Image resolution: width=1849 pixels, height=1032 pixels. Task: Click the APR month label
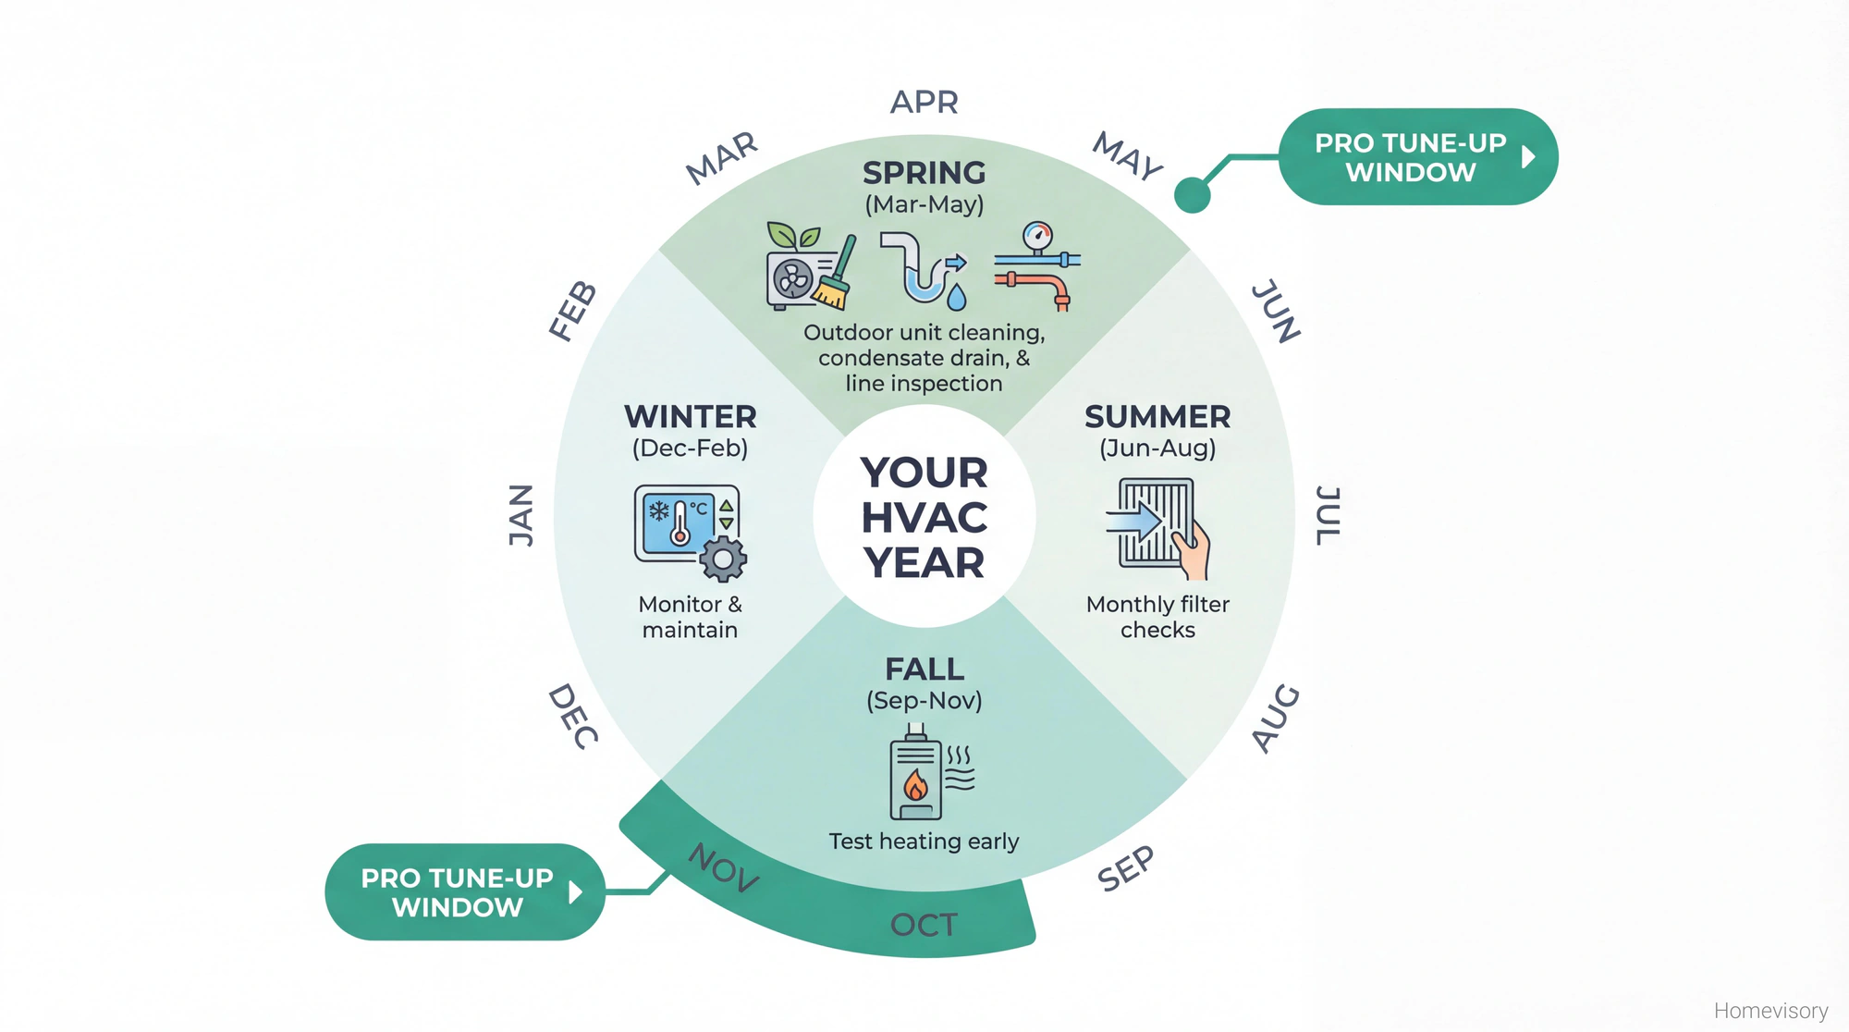pyautogui.click(x=924, y=102)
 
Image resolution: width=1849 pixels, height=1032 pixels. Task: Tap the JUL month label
pyautogui.click(x=1328, y=515)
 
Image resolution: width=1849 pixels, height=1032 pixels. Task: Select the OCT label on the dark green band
pyautogui.click(x=923, y=925)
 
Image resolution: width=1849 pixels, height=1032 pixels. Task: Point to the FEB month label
pyautogui.click(x=572, y=311)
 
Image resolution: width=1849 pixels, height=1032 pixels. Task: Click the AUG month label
pyautogui.click(x=1276, y=719)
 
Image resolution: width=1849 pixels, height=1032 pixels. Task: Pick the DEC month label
pyautogui.click(x=573, y=716)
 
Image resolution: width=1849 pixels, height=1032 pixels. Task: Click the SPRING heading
pyautogui.click(x=924, y=173)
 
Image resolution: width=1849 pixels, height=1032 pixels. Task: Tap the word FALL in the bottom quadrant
pyautogui.click(x=924, y=669)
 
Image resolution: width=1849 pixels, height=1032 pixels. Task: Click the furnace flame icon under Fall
pyautogui.click(x=916, y=785)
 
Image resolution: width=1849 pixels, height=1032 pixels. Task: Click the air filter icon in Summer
pyautogui.click(x=1156, y=522)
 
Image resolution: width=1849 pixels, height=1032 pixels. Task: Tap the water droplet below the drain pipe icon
pyautogui.click(x=957, y=297)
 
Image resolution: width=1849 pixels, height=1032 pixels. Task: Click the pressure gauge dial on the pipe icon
pyautogui.click(x=1037, y=236)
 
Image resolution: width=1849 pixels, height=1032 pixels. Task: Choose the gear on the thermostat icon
pyautogui.click(x=723, y=559)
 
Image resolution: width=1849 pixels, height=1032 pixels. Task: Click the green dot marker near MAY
pyautogui.click(x=1192, y=195)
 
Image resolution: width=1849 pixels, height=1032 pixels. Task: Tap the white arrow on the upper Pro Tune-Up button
pyautogui.click(x=1528, y=157)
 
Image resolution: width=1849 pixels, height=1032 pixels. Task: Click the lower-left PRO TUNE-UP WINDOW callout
pyautogui.click(x=458, y=892)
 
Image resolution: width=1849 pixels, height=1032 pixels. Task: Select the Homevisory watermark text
pyautogui.click(x=1770, y=1011)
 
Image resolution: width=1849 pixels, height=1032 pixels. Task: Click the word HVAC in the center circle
pyautogui.click(x=924, y=518)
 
